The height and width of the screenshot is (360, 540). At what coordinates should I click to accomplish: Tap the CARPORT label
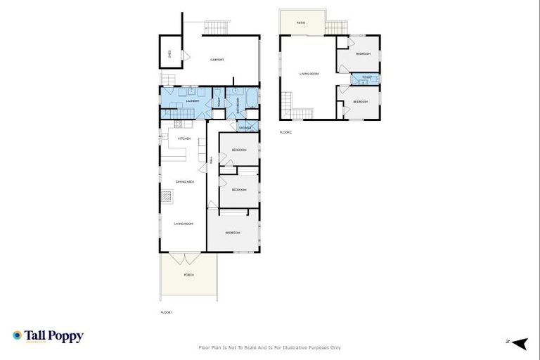(x=217, y=60)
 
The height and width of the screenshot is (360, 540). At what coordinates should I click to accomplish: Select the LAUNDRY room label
(x=193, y=101)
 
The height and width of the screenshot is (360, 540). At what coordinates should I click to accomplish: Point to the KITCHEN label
(x=184, y=139)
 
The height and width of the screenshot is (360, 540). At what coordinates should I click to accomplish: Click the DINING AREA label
(x=185, y=181)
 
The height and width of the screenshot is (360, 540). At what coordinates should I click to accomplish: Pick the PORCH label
(x=188, y=274)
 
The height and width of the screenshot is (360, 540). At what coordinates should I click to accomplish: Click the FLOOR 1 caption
(x=167, y=311)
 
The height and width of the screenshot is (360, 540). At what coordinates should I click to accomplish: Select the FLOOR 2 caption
(x=285, y=132)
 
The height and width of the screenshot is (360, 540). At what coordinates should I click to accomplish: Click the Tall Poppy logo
(x=48, y=336)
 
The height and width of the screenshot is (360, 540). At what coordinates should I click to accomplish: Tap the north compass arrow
(x=519, y=343)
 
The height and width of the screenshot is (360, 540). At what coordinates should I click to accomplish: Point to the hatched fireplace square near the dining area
(x=167, y=196)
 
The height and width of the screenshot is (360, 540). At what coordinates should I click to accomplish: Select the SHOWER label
(x=245, y=127)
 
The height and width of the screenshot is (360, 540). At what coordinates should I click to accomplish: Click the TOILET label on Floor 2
(x=366, y=77)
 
